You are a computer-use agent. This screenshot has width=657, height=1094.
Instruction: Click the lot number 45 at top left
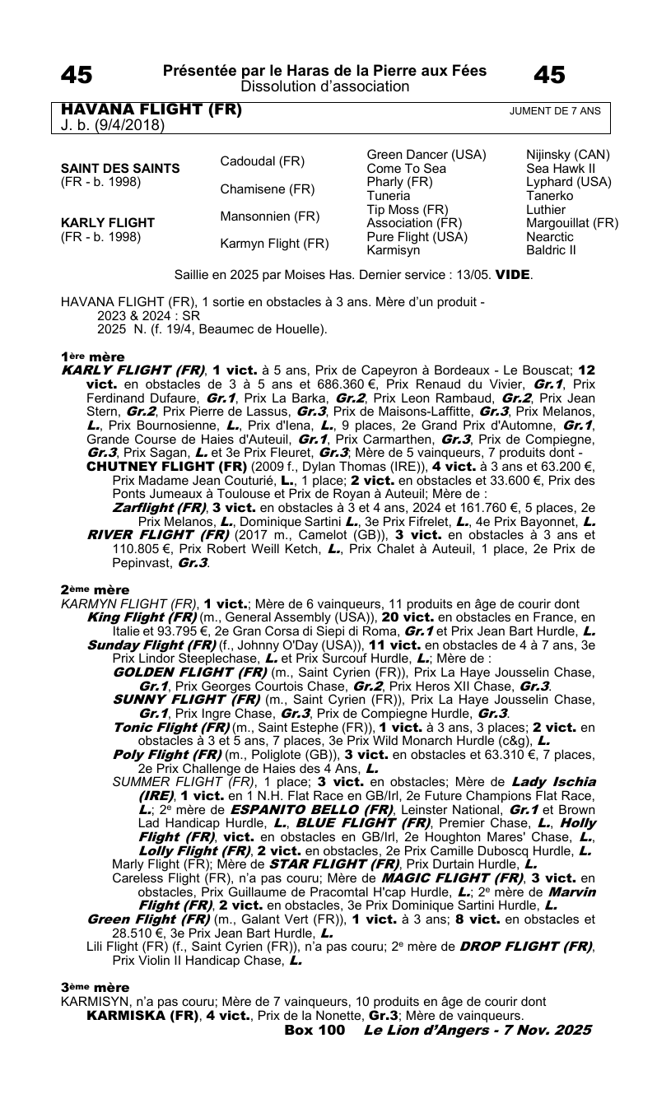tap(77, 76)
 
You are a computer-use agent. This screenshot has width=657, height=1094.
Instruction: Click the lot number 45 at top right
tap(549, 76)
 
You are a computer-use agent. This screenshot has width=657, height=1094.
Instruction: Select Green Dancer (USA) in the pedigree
tap(426, 155)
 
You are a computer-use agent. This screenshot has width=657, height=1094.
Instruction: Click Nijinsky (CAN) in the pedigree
tap(567, 155)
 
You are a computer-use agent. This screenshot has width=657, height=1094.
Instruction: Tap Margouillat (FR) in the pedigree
tap(572, 222)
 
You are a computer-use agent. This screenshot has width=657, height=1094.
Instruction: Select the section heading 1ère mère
tap(92, 356)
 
